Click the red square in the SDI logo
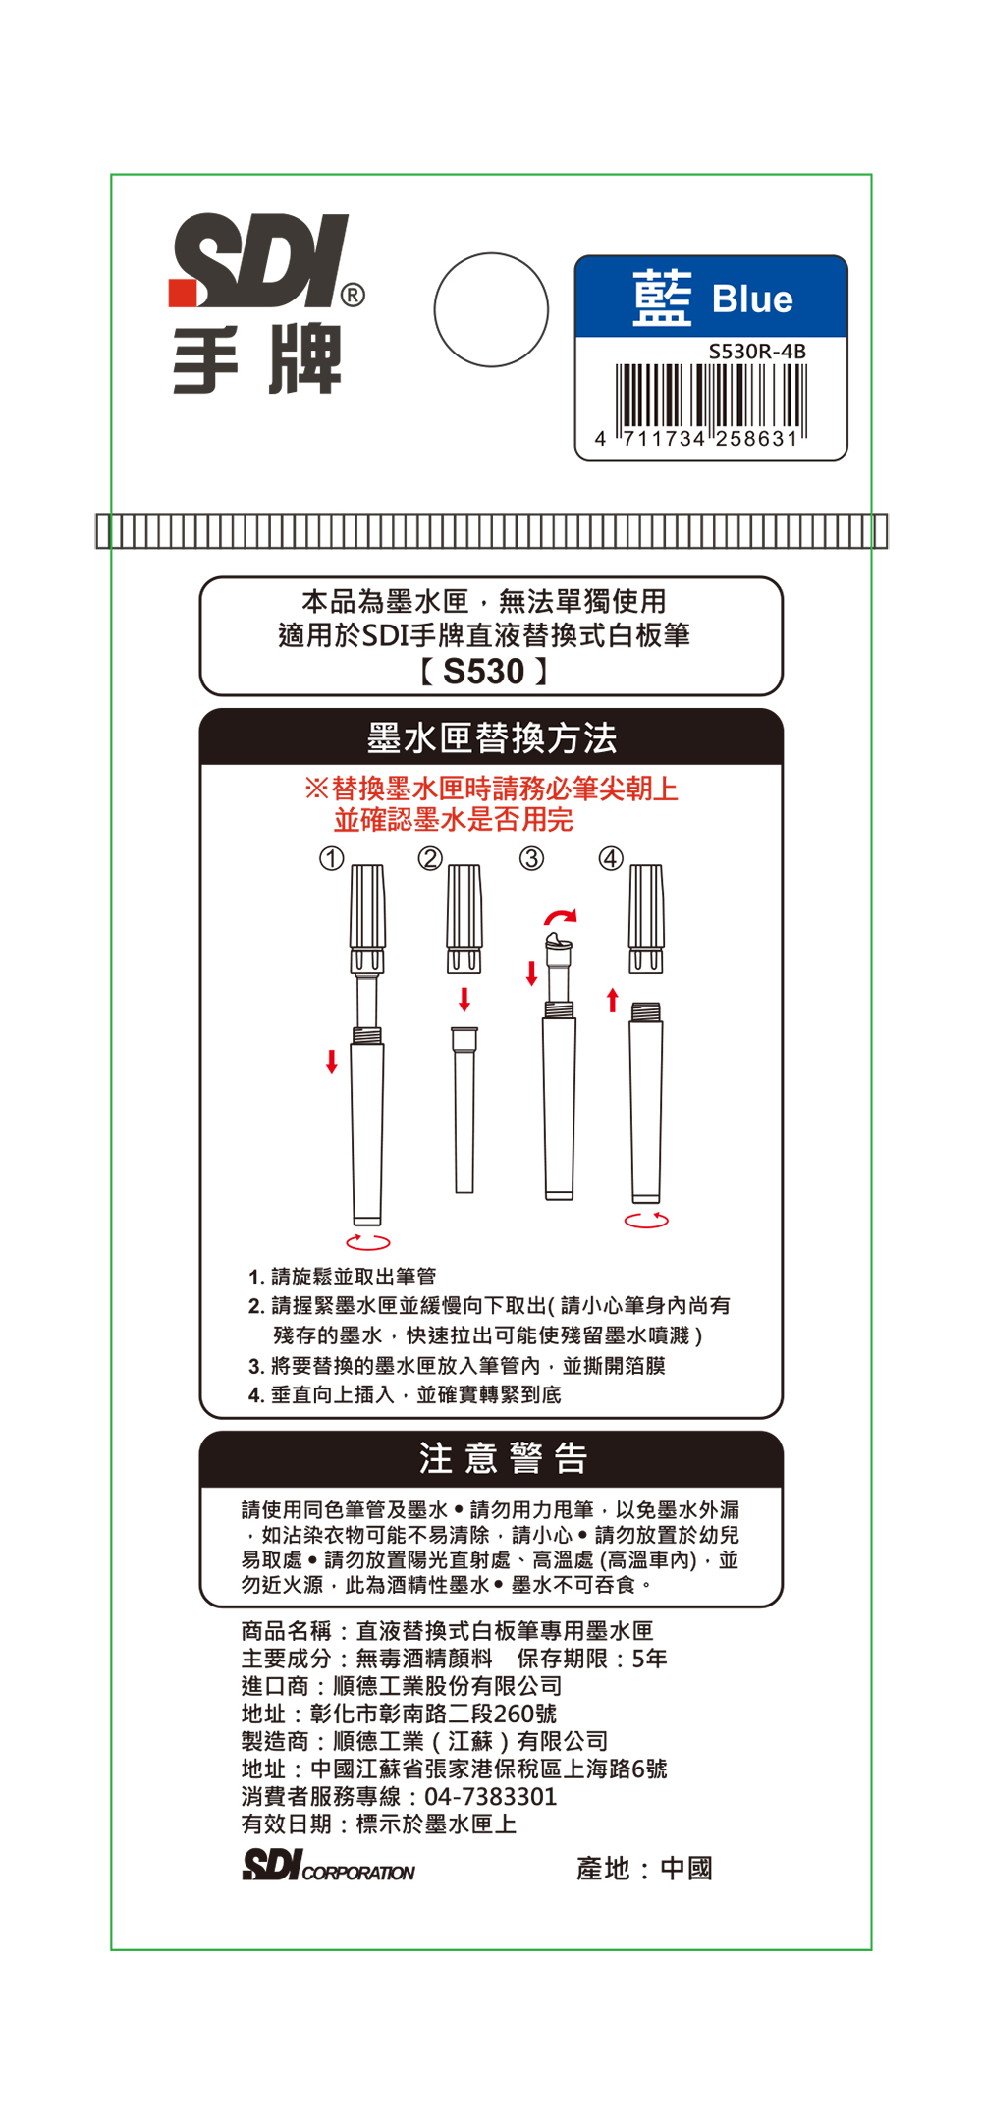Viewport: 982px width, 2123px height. pos(183,294)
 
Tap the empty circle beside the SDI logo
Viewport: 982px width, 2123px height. pos(491,310)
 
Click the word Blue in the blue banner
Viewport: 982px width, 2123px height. pos(752,299)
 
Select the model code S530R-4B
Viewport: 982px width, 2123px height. pos(757,351)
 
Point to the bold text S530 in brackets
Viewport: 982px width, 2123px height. pos(483,672)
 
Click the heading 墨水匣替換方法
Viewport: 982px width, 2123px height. pos(491,737)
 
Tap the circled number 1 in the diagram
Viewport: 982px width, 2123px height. pos(332,859)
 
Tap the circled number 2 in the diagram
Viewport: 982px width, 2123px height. pos(430,859)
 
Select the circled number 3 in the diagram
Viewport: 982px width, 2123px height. pos(531,859)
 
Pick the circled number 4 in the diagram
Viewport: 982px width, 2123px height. pos(611,859)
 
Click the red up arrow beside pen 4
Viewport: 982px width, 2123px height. pos(613,1000)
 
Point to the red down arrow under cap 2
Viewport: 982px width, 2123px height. pos(464,1000)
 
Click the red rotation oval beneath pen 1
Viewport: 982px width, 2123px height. pos(368,1242)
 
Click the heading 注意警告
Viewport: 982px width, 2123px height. pos(503,1458)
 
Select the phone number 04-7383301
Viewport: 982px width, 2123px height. pos(490,1797)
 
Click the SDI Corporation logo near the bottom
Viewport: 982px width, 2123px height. pos(328,1865)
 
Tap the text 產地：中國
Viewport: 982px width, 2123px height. pos(644,1869)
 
